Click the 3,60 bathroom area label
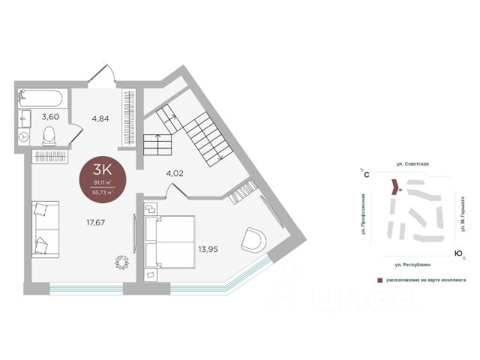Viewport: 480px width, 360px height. [x=50, y=116]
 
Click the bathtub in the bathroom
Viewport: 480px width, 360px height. [x=42, y=97]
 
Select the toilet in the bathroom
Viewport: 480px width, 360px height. [x=49, y=135]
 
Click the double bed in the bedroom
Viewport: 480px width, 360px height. [x=169, y=241]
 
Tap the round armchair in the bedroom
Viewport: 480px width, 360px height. [x=253, y=241]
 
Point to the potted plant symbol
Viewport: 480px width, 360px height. [x=121, y=262]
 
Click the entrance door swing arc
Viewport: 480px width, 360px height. [x=100, y=74]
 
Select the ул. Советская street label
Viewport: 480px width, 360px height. [x=412, y=162]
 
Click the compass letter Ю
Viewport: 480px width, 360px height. [x=457, y=254]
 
